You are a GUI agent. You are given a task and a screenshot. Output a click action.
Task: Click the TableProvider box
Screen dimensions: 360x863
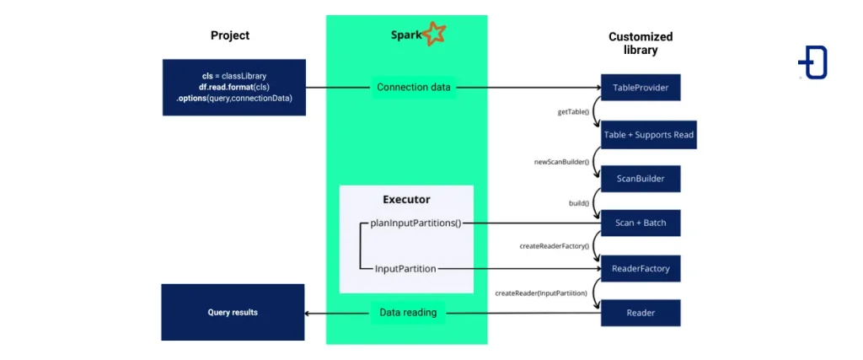[x=640, y=87]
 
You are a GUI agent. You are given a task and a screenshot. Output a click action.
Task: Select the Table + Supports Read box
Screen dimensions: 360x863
[x=649, y=135]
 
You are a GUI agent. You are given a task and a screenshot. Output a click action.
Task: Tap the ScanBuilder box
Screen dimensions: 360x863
[x=640, y=179]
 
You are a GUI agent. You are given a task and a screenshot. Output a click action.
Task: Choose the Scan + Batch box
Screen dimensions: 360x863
[x=640, y=223]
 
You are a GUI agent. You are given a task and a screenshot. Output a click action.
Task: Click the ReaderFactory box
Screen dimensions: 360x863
[x=640, y=268]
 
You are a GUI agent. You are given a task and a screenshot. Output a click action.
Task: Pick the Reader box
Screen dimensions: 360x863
[x=640, y=313]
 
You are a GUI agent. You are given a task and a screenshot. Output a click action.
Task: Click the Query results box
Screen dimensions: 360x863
[x=233, y=312]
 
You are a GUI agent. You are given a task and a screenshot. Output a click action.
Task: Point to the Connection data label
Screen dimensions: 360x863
[x=413, y=87]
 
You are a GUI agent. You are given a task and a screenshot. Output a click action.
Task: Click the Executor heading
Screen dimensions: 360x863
[x=406, y=200]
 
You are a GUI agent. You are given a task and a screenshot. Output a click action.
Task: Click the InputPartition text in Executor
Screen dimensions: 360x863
[x=405, y=268]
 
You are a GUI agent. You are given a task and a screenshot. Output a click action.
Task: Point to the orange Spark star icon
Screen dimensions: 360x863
[x=434, y=34]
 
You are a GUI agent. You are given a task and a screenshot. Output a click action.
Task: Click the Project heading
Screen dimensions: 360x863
[x=230, y=35]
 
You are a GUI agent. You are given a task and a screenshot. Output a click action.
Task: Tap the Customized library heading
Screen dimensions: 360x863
[x=641, y=43]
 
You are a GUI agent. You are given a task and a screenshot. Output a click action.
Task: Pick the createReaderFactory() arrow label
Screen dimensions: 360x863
[x=554, y=246]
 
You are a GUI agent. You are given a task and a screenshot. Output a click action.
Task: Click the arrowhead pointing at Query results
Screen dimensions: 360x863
[x=308, y=313]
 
